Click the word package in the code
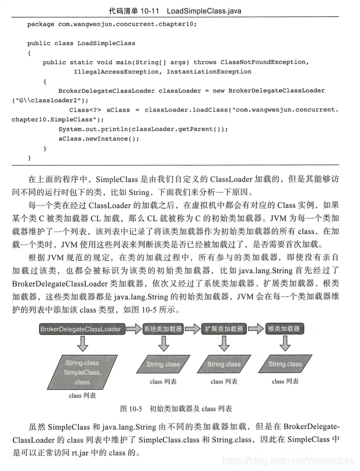pos(41,24)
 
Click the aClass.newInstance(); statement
pos(99,138)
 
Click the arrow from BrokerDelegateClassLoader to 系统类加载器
pos(134,329)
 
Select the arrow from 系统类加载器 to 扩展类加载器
pos(193,329)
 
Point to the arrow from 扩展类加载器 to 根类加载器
pos(254,329)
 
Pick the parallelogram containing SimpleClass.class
pos(82,372)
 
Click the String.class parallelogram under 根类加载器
pos(285,364)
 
